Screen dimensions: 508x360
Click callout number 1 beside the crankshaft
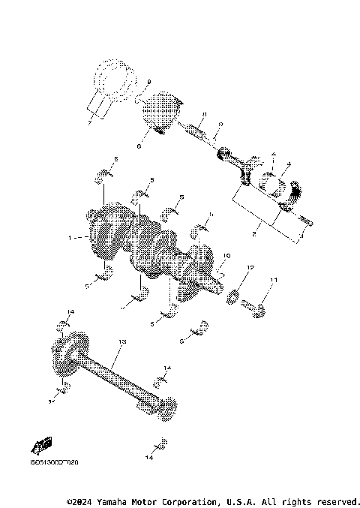coord(70,238)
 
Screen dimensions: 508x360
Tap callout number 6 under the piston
coord(139,147)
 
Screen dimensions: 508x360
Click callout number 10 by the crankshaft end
coord(223,256)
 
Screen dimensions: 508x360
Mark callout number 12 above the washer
coord(251,268)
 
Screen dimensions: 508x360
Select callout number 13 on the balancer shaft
coord(123,341)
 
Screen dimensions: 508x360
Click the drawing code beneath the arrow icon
coord(53,461)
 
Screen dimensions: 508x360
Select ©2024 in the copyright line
coord(82,500)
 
